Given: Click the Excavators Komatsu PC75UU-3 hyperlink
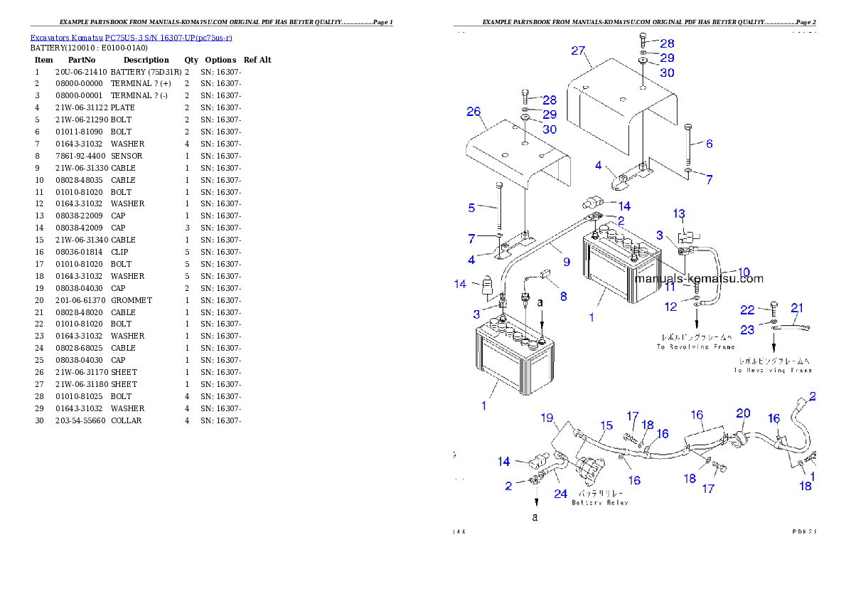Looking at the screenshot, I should [x=131, y=38].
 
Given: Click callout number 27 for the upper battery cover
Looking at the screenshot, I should [x=577, y=51].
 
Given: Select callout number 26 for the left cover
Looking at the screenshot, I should [x=473, y=112].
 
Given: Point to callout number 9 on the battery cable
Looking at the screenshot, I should [x=567, y=263].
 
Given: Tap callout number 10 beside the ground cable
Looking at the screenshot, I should [x=744, y=272].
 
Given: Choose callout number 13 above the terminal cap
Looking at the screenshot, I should [x=679, y=213].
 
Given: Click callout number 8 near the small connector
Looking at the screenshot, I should [x=563, y=296].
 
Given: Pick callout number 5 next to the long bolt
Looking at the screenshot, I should [x=471, y=208].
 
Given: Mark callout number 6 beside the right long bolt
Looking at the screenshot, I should [x=709, y=144].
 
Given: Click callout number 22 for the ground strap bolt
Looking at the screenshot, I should [x=746, y=310].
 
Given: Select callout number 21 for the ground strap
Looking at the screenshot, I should [x=797, y=308].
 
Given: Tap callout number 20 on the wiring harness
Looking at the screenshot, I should [x=743, y=413].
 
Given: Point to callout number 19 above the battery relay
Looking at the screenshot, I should [x=547, y=418].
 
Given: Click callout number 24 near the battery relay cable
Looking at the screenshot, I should [x=561, y=493].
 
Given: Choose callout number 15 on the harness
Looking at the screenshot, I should [x=606, y=426].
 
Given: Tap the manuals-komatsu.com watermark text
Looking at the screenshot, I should [x=699, y=279].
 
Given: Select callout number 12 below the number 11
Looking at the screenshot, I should [x=671, y=307].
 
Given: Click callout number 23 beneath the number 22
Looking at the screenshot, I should [x=746, y=330].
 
